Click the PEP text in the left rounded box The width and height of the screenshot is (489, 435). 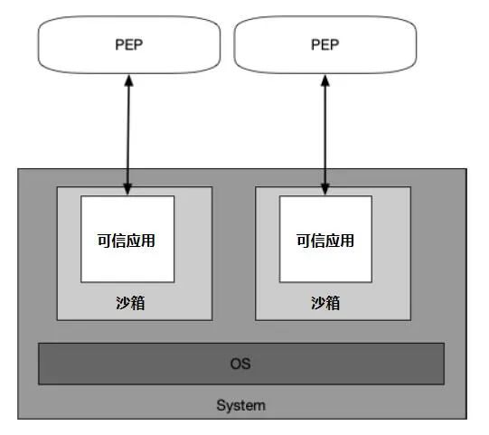tap(128, 44)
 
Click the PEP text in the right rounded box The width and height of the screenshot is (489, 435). tap(325, 44)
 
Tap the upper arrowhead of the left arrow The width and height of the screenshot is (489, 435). tap(128, 80)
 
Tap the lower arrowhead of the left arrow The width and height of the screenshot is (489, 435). tap(127, 189)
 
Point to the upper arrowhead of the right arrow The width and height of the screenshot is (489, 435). tap(325, 80)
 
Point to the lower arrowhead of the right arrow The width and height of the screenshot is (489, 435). tap(325, 189)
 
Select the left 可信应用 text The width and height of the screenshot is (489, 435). tap(127, 241)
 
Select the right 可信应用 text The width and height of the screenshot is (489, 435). tap(325, 241)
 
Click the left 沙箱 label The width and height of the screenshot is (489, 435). tap(130, 303)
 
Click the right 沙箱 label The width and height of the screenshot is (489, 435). tap(325, 303)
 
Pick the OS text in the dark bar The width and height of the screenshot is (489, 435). tap(240, 364)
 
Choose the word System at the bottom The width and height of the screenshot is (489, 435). tap(241, 406)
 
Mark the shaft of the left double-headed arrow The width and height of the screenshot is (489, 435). tap(128, 135)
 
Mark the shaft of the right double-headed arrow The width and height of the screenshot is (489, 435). tap(325, 135)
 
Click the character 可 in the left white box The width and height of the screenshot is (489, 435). tap(105, 241)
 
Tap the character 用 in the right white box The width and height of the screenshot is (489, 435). tap(347, 241)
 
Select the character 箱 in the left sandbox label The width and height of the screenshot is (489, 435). tap(138, 303)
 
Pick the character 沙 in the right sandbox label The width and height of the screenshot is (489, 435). tap(318, 303)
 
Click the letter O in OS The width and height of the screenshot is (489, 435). tap(236, 364)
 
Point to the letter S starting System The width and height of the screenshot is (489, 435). tap(221, 405)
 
